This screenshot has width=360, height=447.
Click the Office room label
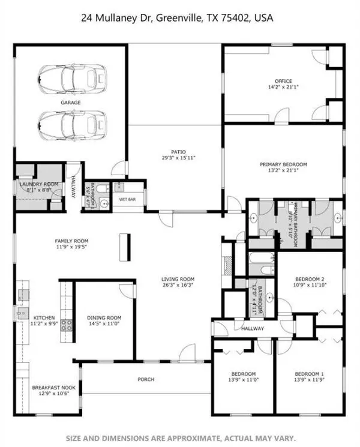283,84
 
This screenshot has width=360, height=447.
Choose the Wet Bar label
127,199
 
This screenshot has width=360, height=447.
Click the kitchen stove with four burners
67,326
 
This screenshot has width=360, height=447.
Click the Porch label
146,379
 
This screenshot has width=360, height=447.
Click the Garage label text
70,103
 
